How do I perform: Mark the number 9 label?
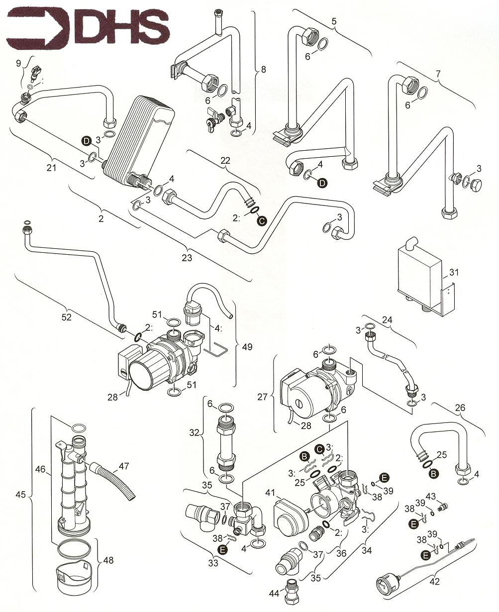coord(19,63)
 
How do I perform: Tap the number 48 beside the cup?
coord(107,560)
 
